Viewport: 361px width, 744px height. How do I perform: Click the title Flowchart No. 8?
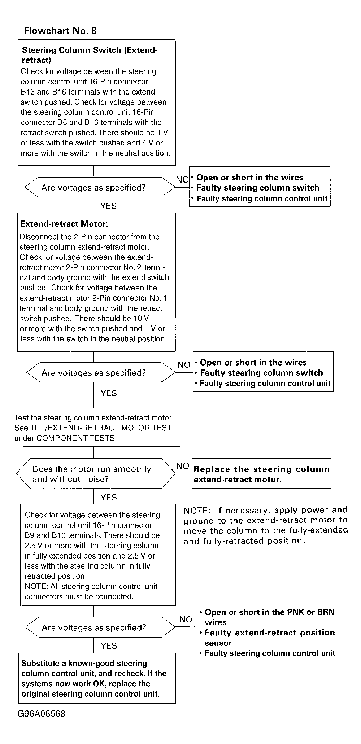tap(60, 31)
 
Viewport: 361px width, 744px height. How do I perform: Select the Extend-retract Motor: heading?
tap(64, 224)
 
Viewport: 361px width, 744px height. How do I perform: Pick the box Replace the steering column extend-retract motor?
tap(261, 474)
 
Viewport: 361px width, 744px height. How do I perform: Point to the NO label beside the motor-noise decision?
tap(183, 466)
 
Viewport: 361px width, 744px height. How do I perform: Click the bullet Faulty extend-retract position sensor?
tap(269, 638)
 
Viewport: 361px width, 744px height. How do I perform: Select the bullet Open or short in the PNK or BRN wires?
tap(269, 617)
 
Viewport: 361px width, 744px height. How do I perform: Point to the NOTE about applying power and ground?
tap(265, 525)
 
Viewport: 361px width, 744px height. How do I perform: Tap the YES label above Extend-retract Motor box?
tap(108, 206)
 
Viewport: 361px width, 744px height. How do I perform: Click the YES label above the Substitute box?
tap(109, 645)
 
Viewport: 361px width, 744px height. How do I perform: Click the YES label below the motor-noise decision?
tap(109, 497)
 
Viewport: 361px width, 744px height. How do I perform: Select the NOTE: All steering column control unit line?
tap(91, 586)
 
